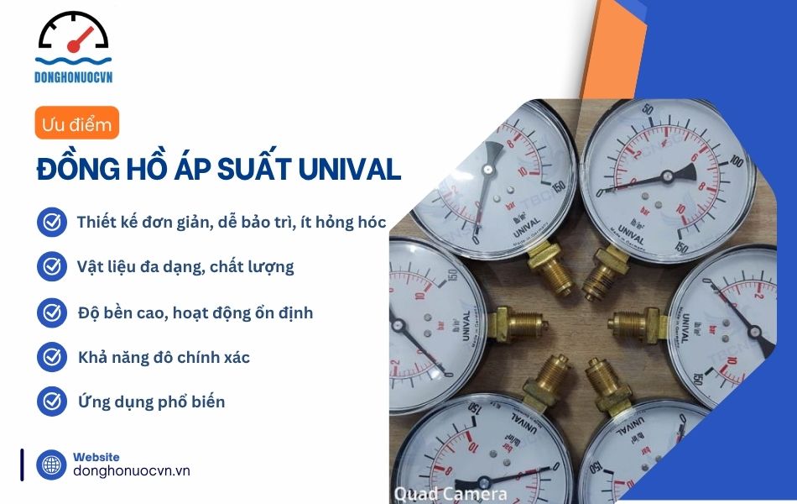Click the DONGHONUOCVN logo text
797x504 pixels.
tap(74, 76)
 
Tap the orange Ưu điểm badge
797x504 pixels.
tap(76, 124)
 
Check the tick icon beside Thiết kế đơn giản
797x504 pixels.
tap(52, 223)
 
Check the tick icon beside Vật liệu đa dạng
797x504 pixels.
tap(52, 267)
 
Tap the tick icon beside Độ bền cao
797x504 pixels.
tap(52, 312)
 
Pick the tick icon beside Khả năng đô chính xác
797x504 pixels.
tap(52, 357)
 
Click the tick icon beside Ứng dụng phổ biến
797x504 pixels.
tap(52, 402)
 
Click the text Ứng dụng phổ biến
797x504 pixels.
tap(151, 402)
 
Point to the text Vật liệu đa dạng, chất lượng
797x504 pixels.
tap(185, 267)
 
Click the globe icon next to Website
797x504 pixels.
tap(51, 465)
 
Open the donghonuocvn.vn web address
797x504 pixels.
tap(132, 471)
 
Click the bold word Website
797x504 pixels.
tap(96, 457)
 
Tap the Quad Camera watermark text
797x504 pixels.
tap(451, 493)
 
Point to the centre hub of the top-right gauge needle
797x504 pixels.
tap(667, 176)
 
